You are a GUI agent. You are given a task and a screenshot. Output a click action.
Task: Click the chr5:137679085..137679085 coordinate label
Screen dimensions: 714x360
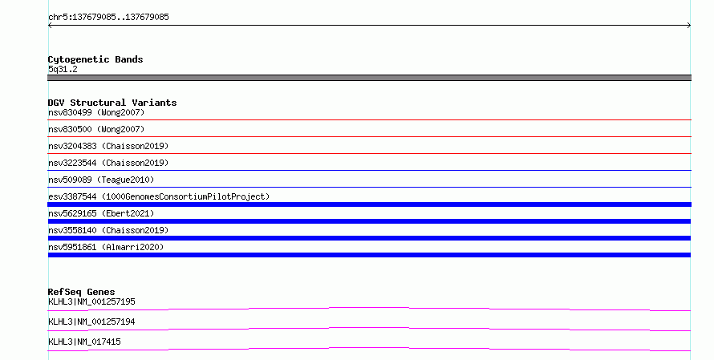108,17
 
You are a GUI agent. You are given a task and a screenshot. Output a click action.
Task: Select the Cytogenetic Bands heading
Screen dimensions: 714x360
95,59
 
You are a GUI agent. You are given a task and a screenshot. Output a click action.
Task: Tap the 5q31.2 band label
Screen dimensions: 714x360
63,69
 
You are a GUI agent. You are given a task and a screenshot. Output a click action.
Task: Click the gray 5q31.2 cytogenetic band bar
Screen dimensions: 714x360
369,78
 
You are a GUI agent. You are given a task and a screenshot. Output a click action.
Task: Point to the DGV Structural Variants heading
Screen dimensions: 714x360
112,103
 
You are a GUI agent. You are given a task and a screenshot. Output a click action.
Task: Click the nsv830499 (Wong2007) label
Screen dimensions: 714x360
96,112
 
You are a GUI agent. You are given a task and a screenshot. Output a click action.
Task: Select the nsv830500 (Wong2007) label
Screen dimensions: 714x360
96,129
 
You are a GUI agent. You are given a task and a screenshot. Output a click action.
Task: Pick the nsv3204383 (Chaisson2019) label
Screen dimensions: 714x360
108,146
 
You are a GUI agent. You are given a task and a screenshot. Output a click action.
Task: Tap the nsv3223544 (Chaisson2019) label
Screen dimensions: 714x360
108,163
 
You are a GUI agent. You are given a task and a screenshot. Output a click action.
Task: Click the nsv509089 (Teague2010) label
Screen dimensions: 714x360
101,180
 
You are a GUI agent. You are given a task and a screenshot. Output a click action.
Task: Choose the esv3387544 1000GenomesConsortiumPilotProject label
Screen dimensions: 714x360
159,196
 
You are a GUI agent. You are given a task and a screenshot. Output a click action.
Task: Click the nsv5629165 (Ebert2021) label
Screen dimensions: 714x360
101,213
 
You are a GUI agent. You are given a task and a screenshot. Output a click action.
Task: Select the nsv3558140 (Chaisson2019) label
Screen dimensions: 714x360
108,230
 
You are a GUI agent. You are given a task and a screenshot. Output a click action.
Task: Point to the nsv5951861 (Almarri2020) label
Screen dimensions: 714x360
106,247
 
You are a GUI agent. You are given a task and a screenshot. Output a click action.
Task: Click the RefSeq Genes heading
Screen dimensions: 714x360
81,292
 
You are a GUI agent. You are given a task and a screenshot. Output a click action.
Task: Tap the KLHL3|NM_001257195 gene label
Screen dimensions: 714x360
91,301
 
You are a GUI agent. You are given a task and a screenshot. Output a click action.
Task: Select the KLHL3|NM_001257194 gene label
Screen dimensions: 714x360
91,322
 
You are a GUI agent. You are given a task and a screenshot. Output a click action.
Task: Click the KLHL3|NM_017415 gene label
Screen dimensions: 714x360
84,342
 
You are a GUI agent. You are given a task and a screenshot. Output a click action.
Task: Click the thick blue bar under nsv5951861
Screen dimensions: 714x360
369,255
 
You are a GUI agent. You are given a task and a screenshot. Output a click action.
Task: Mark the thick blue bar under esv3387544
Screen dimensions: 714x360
369,204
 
